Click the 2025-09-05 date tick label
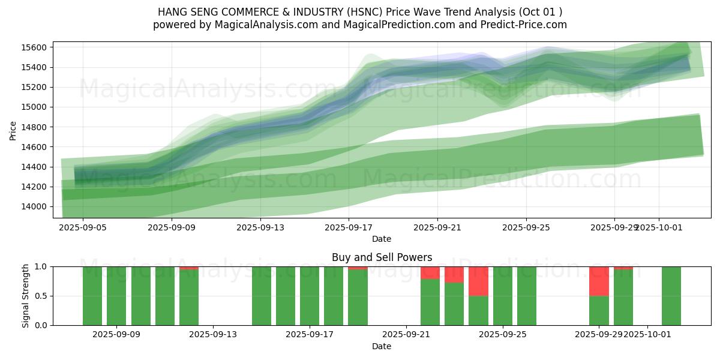83,227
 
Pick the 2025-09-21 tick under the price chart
437,227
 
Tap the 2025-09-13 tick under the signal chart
213,335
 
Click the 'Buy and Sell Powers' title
382,257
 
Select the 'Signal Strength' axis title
26,296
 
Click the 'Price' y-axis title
13,130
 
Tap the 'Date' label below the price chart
382,239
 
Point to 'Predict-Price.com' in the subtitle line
524,25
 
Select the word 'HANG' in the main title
172,12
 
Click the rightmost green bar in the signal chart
671,296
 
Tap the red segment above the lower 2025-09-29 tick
599,281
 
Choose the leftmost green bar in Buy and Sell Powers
92,296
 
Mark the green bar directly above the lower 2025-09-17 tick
310,296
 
